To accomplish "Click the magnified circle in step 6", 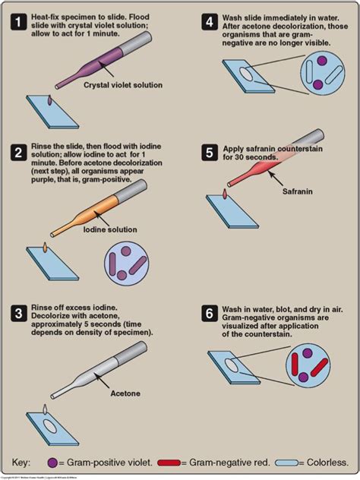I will coord(308,364).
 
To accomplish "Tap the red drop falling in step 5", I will coord(226,196).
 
